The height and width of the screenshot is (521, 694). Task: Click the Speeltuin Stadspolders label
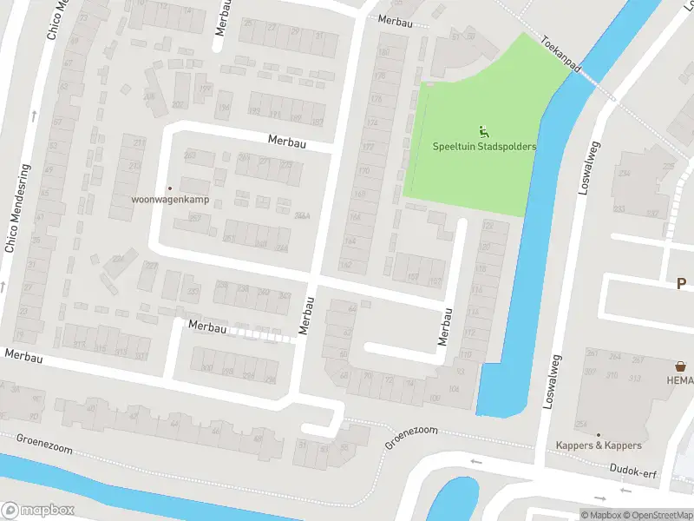(x=484, y=147)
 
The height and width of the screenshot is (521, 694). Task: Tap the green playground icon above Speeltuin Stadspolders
(x=484, y=132)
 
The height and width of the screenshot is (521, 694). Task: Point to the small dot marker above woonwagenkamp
(x=170, y=188)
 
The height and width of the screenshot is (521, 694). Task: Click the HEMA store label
(x=680, y=380)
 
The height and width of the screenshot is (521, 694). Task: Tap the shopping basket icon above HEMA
(x=681, y=366)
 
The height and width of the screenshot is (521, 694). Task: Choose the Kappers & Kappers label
(x=599, y=445)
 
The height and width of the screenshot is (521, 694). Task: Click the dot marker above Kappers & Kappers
(x=598, y=433)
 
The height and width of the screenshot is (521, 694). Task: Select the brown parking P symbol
(x=682, y=283)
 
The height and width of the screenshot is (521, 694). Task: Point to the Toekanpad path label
(x=560, y=54)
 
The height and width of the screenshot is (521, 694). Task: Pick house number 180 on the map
(x=383, y=53)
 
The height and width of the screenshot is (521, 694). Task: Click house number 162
(x=346, y=265)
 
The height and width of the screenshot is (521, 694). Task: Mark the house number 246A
(x=302, y=215)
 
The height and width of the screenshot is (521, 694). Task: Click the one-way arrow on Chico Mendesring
(x=33, y=115)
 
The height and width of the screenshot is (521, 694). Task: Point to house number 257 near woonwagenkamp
(x=194, y=218)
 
